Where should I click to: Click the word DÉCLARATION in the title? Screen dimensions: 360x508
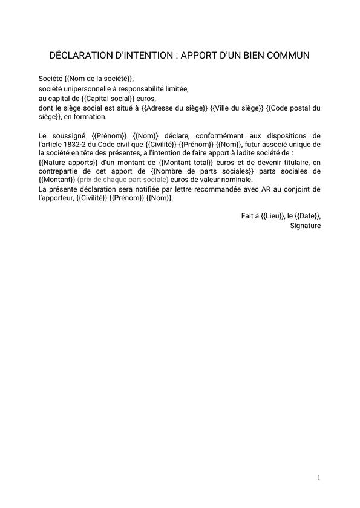click(80, 56)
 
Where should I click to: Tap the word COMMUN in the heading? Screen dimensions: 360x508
click(288, 56)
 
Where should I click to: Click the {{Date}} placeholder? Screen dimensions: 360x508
click(308, 216)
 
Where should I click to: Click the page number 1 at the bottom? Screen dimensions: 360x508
click(318, 478)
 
